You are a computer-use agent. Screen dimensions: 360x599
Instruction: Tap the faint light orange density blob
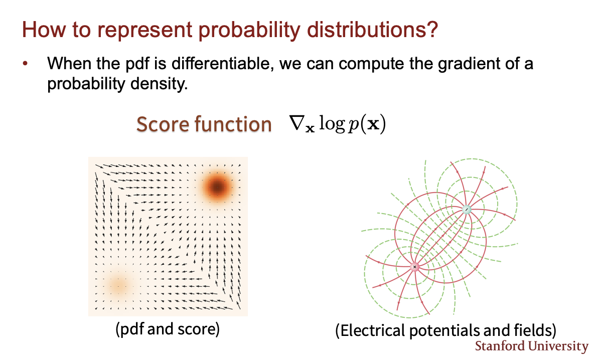coord(118,286)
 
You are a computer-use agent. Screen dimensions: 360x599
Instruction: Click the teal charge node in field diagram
coord(467,210)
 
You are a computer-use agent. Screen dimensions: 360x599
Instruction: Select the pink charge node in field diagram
coord(415,267)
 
